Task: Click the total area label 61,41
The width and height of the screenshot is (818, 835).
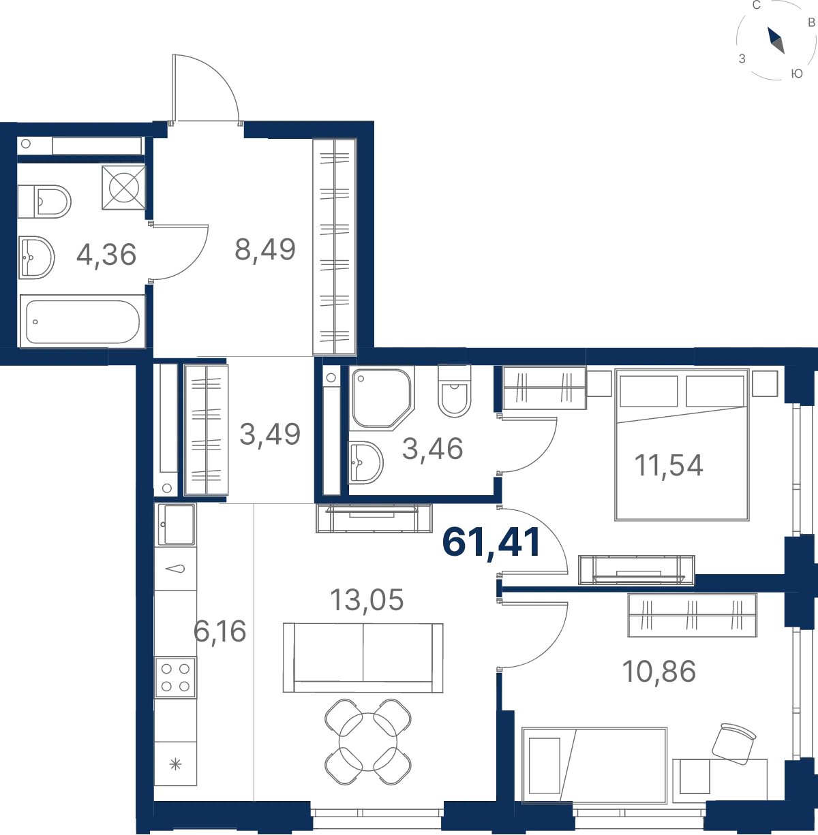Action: pos(491,543)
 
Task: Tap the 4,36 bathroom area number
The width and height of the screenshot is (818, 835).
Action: pos(106,254)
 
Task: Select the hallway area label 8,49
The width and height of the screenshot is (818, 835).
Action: pos(265,249)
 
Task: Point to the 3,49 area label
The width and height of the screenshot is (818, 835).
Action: pos(270,434)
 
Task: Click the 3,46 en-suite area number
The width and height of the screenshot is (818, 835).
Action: pos(432,448)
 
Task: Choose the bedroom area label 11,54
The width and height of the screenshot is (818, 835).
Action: pos(668,465)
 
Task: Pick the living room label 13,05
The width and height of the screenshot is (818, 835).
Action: pos(367,600)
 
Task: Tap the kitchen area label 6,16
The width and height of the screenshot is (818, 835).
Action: pos(220,631)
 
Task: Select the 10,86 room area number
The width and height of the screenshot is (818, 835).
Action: pos(658,672)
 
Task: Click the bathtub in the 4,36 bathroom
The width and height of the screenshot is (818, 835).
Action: pos(82,321)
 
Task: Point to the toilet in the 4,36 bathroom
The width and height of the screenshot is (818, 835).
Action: pos(44,202)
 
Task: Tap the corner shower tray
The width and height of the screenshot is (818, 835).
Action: pos(382,398)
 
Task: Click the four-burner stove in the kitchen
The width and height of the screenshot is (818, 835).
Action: pos(176,677)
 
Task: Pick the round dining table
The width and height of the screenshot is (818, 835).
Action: pos(368,742)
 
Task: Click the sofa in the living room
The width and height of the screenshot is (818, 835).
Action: pos(363,658)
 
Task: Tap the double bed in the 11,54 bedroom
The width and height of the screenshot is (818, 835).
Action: pos(682,445)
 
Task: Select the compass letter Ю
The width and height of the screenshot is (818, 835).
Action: pos(797,74)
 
